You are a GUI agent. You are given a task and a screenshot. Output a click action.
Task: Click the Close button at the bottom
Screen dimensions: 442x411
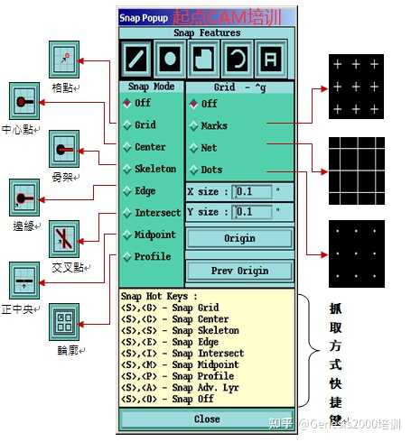207,419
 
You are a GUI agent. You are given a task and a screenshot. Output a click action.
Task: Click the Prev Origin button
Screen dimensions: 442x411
239,271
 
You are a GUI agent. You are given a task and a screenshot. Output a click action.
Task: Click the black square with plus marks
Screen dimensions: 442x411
355,86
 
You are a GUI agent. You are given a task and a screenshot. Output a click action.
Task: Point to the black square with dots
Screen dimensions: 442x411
355,250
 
